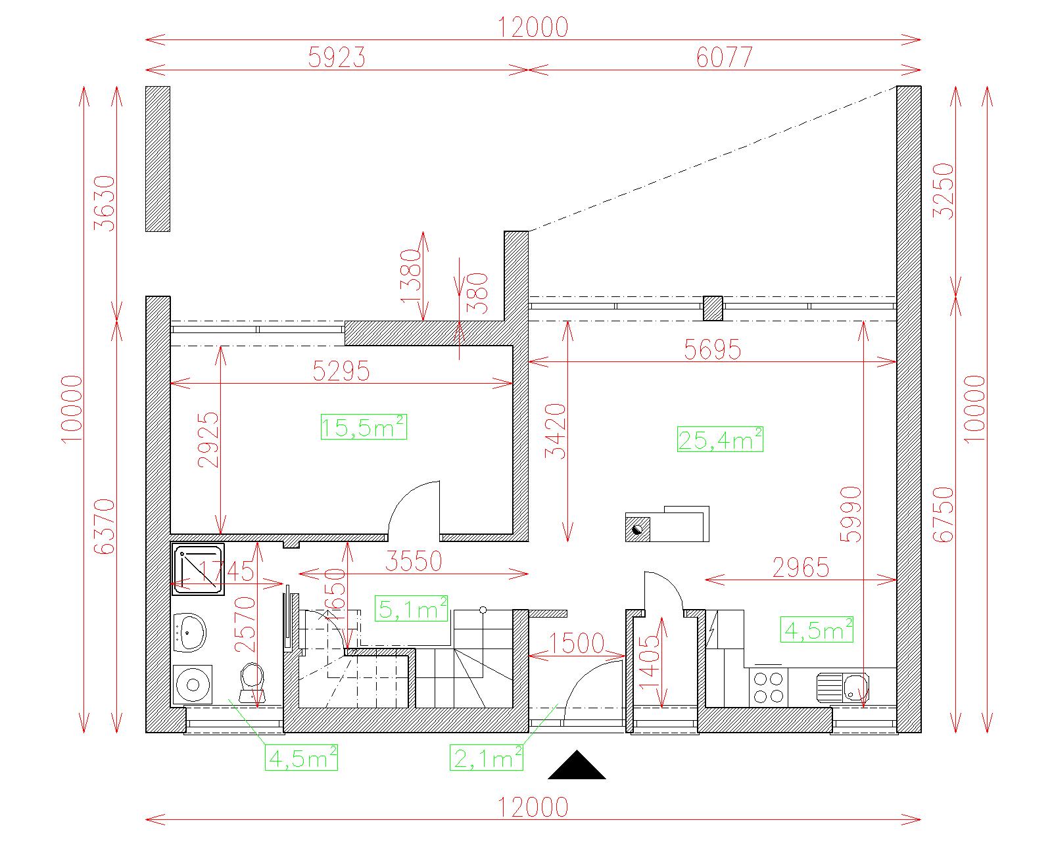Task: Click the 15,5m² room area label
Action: click(x=364, y=427)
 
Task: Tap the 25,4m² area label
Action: click(x=720, y=440)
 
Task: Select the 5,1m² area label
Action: click(x=411, y=608)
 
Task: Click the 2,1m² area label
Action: click(x=487, y=758)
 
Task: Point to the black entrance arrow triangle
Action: click(x=577, y=766)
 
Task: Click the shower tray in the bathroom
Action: click(x=198, y=569)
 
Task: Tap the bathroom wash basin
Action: click(x=189, y=633)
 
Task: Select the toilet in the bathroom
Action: click(x=252, y=683)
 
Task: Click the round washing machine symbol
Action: click(x=193, y=685)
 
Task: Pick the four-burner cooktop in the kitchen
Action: click(x=769, y=687)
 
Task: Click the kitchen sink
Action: click(x=843, y=687)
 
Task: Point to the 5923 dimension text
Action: click(x=337, y=58)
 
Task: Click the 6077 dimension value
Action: click(x=725, y=58)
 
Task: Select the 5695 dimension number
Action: click(x=712, y=350)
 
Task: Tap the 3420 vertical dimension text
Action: click(x=556, y=432)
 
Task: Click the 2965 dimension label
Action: click(x=801, y=568)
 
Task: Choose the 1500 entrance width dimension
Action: click(x=577, y=644)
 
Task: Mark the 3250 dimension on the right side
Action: click(x=944, y=191)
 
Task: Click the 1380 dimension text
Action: click(x=411, y=276)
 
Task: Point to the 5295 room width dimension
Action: click(x=341, y=371)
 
